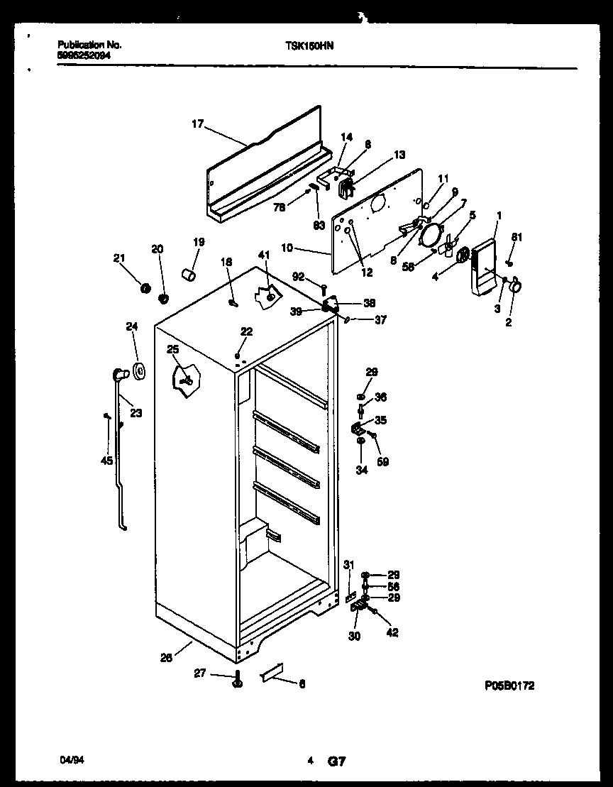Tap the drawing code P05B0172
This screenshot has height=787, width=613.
(x=509, y=686)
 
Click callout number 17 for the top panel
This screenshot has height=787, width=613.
(x=197, y=124)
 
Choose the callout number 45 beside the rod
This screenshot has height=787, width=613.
(x=106, y=461)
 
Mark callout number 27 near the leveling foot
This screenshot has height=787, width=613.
(x=200, y=673)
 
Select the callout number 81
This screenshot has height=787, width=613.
(x=517, y=238)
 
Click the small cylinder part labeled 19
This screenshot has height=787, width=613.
(x=189, y=274)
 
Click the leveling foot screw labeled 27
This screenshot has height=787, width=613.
(x=236, y=681)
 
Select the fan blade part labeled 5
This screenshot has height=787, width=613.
(x=446, y=248)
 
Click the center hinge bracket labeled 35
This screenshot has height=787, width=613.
(x=358, y=429)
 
